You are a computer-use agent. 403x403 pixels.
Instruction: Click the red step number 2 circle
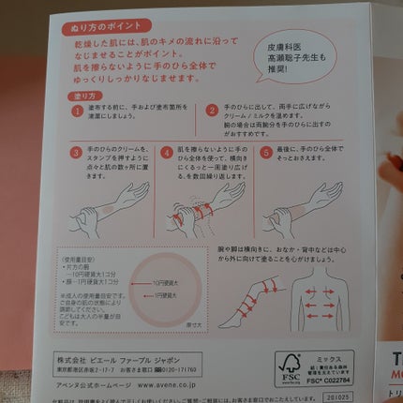coord(212,111)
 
